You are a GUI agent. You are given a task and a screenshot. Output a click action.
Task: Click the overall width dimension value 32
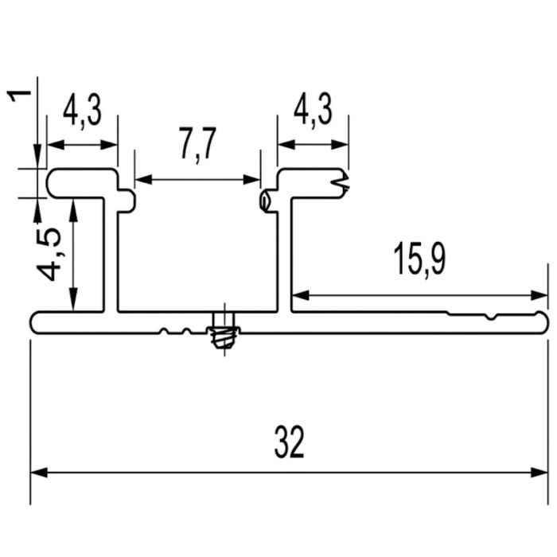[x=290, y=442]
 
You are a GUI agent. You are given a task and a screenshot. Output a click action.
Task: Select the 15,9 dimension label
[x=419, y=260]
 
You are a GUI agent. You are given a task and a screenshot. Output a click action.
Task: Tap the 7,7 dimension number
[x=198, y=145]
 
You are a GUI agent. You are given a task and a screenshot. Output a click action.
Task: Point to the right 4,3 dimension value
[x=313, y=109]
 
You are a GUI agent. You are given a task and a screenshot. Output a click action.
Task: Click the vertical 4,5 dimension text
[x=49, y=255]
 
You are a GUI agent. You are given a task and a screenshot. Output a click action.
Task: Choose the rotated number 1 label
[x=20, y=96]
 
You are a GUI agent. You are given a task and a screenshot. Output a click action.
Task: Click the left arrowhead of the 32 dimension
[x=39, y=473]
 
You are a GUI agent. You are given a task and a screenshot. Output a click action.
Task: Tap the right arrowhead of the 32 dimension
[x=539, y=473]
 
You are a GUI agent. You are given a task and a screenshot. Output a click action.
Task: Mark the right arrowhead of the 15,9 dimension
[x=539, y=295]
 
